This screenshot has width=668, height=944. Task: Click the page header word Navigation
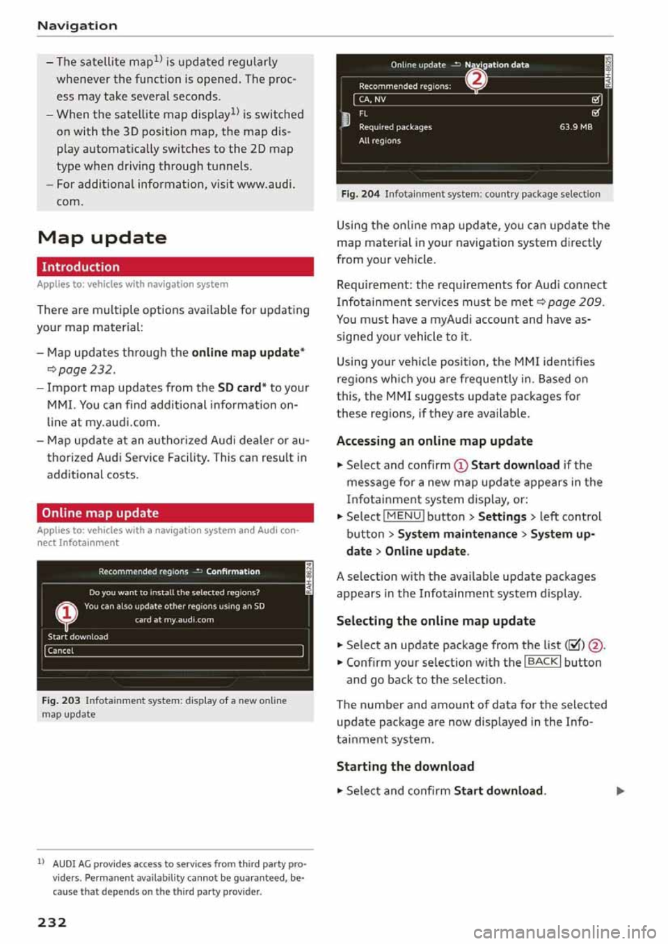(77, 26)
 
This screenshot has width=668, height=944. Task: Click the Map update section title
(102, 238)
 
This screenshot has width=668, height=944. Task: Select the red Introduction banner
(175, 267)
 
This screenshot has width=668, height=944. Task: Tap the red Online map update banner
(175, 513)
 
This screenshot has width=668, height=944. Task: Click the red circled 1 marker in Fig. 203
(66, 612)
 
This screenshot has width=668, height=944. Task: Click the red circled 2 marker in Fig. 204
(477, 79)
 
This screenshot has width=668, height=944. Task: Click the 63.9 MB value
(575, 127)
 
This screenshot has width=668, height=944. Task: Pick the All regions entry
(380, 140)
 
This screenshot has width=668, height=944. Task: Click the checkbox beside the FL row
(596, 113)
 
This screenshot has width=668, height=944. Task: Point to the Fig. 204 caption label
(360, 194)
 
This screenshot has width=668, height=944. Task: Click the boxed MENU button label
(404, 516)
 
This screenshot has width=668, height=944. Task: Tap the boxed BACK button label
(542, 661)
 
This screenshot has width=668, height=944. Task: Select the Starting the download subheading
(405, 766)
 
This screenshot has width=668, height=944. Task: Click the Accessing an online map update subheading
(434, 441)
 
